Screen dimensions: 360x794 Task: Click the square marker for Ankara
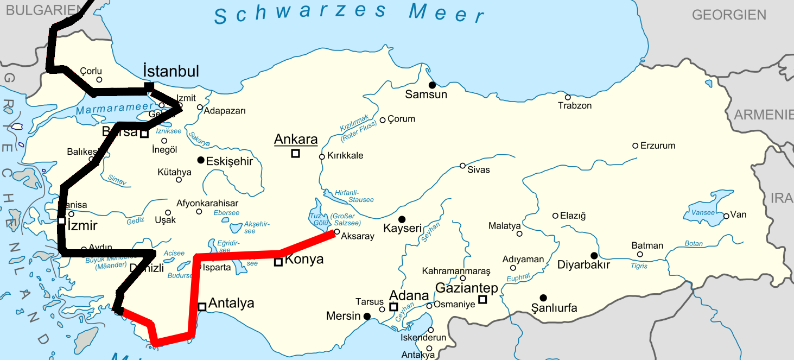(x=295, y=153)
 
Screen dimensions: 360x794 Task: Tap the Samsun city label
(x=426, y=95)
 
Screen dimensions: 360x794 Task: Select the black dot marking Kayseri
(x=402, y=219)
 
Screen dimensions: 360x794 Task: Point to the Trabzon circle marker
(x=568, y=97)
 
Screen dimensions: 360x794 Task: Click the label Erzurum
(x=658, y=146)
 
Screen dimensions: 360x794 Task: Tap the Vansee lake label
(x=703, y=212)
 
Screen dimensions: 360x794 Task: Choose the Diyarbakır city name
(x=583, y=265)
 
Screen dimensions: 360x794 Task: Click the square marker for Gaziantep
(x=482, y=299)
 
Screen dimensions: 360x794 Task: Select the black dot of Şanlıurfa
(x=543, y=298)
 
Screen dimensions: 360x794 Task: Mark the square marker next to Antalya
(x=202, y=307)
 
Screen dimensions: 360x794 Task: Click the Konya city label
(x=304, y=260)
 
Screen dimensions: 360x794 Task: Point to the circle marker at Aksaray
(x=336, y=232)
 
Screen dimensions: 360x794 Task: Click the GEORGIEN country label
(x=729, y=15)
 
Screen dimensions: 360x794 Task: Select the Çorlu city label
(x=91, y=71)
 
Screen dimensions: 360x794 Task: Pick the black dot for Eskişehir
(x=201, y=160)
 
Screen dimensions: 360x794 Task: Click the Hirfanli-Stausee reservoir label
(x=354, y=195)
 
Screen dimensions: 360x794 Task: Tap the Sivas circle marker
(x=462, y=166)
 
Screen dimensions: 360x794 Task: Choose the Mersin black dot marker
(x=367, y=316)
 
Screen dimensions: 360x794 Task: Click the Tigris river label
(x=639, y=266)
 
